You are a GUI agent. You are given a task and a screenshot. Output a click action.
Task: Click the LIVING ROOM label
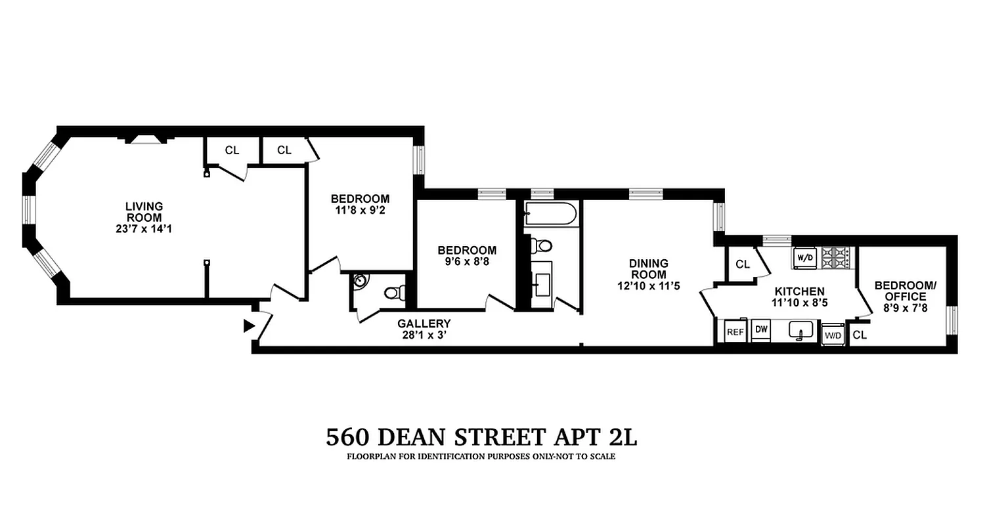tap(144, 212)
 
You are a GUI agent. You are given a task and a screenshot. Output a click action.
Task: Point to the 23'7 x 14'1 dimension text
tap(144, 229)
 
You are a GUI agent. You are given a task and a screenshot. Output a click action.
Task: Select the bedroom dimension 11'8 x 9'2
tap(360, 211)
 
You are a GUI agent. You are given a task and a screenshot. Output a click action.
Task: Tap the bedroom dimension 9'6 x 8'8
tap(467, 261)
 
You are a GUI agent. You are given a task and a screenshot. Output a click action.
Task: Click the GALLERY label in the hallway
tap(424, 324)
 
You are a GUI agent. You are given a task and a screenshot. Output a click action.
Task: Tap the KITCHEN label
tap(799, 291)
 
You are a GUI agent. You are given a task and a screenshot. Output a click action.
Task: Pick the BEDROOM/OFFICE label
tap(905, 291)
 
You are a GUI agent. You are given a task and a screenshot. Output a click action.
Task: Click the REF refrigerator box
tap(735, 332)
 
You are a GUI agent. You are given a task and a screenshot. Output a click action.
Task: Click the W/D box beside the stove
tap(804, 258)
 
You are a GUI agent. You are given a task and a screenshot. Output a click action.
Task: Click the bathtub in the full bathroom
tap(550, 214)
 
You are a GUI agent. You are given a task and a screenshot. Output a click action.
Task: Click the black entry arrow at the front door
tap(249, 325)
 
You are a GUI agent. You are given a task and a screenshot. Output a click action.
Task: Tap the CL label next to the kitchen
tap(743, 264)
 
